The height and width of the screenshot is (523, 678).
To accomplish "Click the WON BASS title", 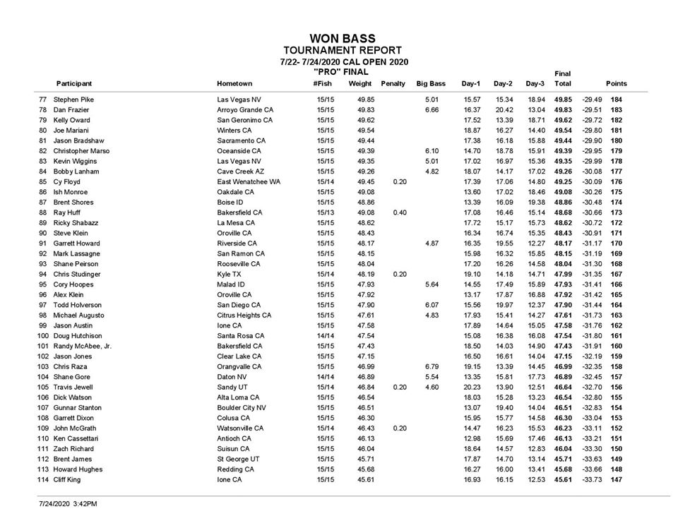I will pyautogui.click(x=343, y=38).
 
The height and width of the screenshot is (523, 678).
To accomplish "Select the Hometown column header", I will pyautogui.click(x=234, y=83).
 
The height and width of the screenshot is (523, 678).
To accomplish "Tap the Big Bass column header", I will pyautogui.click(x=431, y=83).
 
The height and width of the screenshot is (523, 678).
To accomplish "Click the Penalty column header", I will pyautogui.click(x=393, y=83).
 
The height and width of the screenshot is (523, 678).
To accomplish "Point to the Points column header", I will pyautogui.click(x=616, y=83).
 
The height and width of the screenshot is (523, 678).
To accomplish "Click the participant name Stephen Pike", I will pyautogui.click(x=73, y=100).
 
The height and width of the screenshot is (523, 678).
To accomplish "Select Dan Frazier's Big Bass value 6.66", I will pyautogui.click(x=432, y=110).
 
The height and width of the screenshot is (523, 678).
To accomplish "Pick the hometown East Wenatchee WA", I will pyautogui.click(x=248, y=181).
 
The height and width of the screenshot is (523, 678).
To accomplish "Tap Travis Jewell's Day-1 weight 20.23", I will pyautogui.click(x=471, y=387).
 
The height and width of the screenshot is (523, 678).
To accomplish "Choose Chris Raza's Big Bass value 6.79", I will pyautogui.click(x=432, y=366).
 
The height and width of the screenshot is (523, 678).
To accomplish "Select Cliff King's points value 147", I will pyautogui.click(x=617, y=479).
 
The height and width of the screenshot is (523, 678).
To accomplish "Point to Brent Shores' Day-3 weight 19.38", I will pyautogui.click(x=536, y=202).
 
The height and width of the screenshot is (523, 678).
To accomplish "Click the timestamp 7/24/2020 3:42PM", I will pyautogui.click(x=68, y=505).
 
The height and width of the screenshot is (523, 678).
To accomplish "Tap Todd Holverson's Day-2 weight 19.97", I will pyautogui.click(x=504, y=305).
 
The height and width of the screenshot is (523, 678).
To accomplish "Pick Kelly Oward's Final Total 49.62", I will pyautogui.click(x=563, y=120).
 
